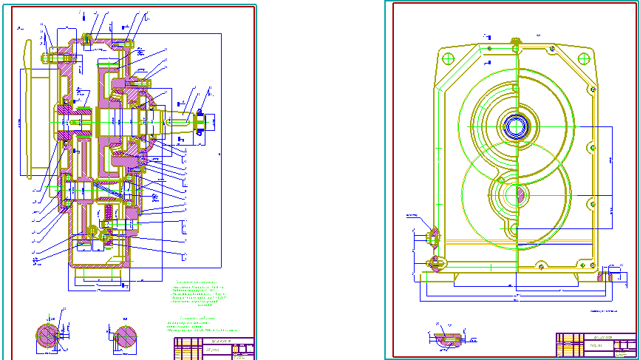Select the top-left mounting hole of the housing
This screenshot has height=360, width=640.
[446, 57]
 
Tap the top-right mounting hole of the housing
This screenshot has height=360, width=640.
[588, 57]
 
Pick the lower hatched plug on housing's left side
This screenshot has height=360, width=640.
[435, 261]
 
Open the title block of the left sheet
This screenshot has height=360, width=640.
[214, 348]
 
